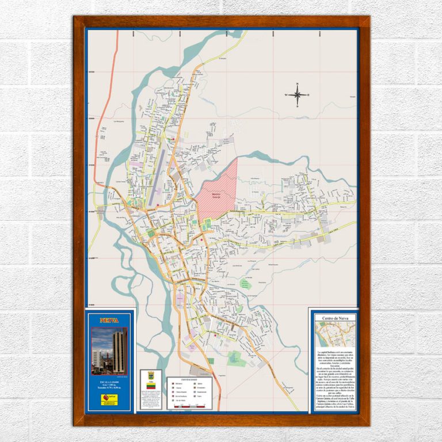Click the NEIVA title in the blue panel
(109, 321)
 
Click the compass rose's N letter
(297, 84)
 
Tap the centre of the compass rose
(297, 95)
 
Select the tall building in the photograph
(119, 351)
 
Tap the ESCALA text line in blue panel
(109, 382)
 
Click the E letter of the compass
(308, 95)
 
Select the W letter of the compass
(286, 95)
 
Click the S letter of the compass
(297, 106)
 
